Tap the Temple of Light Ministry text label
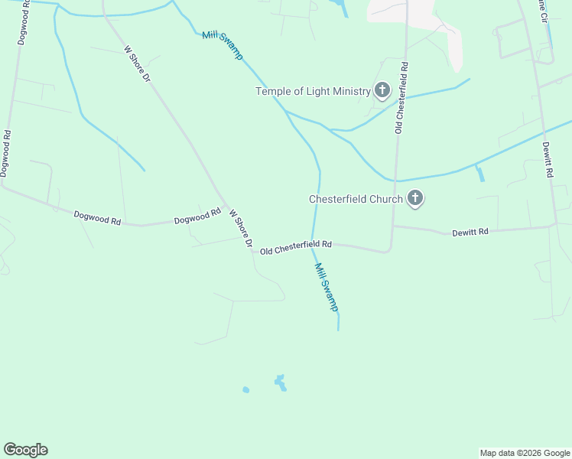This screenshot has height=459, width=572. [313, 92]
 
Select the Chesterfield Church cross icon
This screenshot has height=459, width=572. [415, 199]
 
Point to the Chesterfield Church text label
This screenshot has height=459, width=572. [356, 199]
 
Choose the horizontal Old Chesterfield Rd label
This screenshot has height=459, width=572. [295, 247]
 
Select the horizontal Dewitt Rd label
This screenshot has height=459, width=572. [470, 230]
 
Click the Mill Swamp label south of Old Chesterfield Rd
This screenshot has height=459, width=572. [327, 287]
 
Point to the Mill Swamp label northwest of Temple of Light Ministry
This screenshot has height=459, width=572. [223, 45]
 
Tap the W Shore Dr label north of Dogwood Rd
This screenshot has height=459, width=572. [138, 63]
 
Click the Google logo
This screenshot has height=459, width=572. [25, 450]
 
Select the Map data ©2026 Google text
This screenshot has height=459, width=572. [524, 453]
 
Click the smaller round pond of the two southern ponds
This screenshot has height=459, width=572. [245, 389]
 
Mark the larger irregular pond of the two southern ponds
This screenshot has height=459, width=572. [281, 383]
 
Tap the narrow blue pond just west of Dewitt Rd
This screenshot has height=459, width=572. [479, 174]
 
